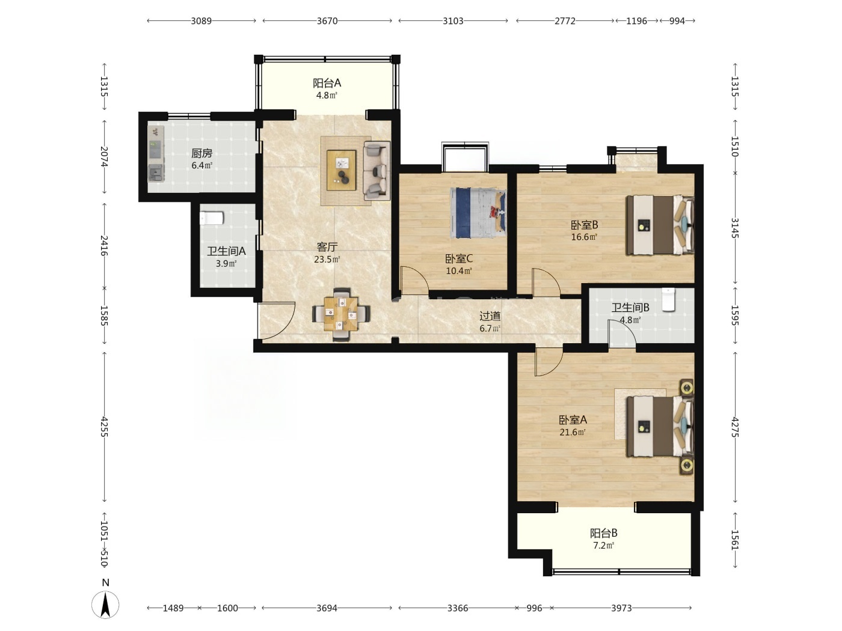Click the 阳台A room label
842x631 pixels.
tap(327, 83)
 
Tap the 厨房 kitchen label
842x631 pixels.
tap(201, 154)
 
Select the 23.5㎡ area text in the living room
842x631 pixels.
tap(327, 260)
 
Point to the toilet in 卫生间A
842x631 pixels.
tap(211, 218)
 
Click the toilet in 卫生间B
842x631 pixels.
tap(668, 299)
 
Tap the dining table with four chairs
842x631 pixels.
tap(341, 314)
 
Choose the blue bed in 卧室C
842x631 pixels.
tap(478, 213)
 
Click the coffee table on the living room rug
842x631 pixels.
tap(341, 169)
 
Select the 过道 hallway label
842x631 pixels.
tap(490, 316)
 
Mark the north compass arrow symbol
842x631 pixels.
tap(105, 605)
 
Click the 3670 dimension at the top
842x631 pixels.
tap(327, 20)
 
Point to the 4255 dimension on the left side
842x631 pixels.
tap(104, 427)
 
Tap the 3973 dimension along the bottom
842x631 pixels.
tap(621, 608)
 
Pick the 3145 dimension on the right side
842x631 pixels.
tap(734, 228)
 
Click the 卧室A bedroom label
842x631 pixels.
tap(573, 420)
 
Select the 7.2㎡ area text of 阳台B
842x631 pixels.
tap(604, 546)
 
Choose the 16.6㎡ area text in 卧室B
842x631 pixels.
tap(584, 237)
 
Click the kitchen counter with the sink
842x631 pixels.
tap(156, 154)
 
